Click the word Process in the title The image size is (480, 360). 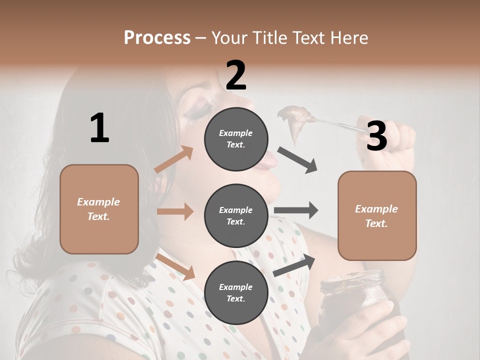pos(157,37)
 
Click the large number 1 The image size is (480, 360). pos(99,128)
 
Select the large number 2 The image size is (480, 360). pos(236,75)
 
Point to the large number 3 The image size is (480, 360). pos(376,136)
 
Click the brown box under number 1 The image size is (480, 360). pos(99,209)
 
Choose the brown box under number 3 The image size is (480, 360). pos(377,215)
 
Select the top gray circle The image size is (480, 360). pos(236,138)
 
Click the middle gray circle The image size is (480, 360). pos(236,215)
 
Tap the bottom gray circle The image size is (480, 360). pos(236,292)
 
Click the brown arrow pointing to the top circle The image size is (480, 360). pos(174,159)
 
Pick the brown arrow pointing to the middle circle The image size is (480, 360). pos(175,211)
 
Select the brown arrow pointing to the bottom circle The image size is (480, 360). pos(175,266)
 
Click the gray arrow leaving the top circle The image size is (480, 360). pos(297,159)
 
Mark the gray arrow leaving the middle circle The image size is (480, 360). pos(296,210)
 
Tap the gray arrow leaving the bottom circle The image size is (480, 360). pos(294,265)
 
